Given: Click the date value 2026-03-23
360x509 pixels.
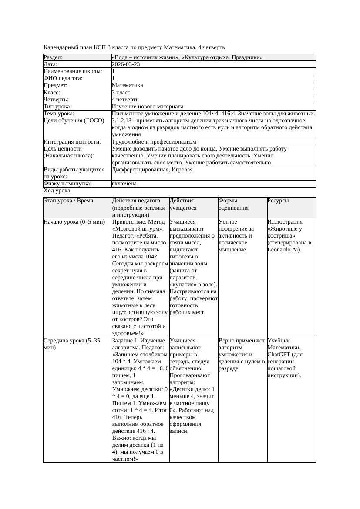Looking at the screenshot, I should [x=126, y=64].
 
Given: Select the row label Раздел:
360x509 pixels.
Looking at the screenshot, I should [x=53, y=57].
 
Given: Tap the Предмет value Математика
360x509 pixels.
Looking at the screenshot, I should [x=127, y=85].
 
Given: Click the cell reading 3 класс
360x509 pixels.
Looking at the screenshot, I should [x=121, y=92].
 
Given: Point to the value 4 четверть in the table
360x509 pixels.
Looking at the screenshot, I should [x=125, y=99].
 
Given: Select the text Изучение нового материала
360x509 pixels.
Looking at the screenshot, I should [x=147, y=106].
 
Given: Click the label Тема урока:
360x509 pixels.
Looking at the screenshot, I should [x=59, y=114].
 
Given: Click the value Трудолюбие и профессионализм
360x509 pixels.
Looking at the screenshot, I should [x=154, y=141].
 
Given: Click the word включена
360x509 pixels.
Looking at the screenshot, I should [x=124, y=184].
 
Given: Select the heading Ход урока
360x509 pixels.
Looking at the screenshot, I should [x=57, y=191].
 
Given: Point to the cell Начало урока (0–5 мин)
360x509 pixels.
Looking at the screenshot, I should [x=74, y=222].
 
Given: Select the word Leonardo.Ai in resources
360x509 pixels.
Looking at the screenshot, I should [x=283, y=250].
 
